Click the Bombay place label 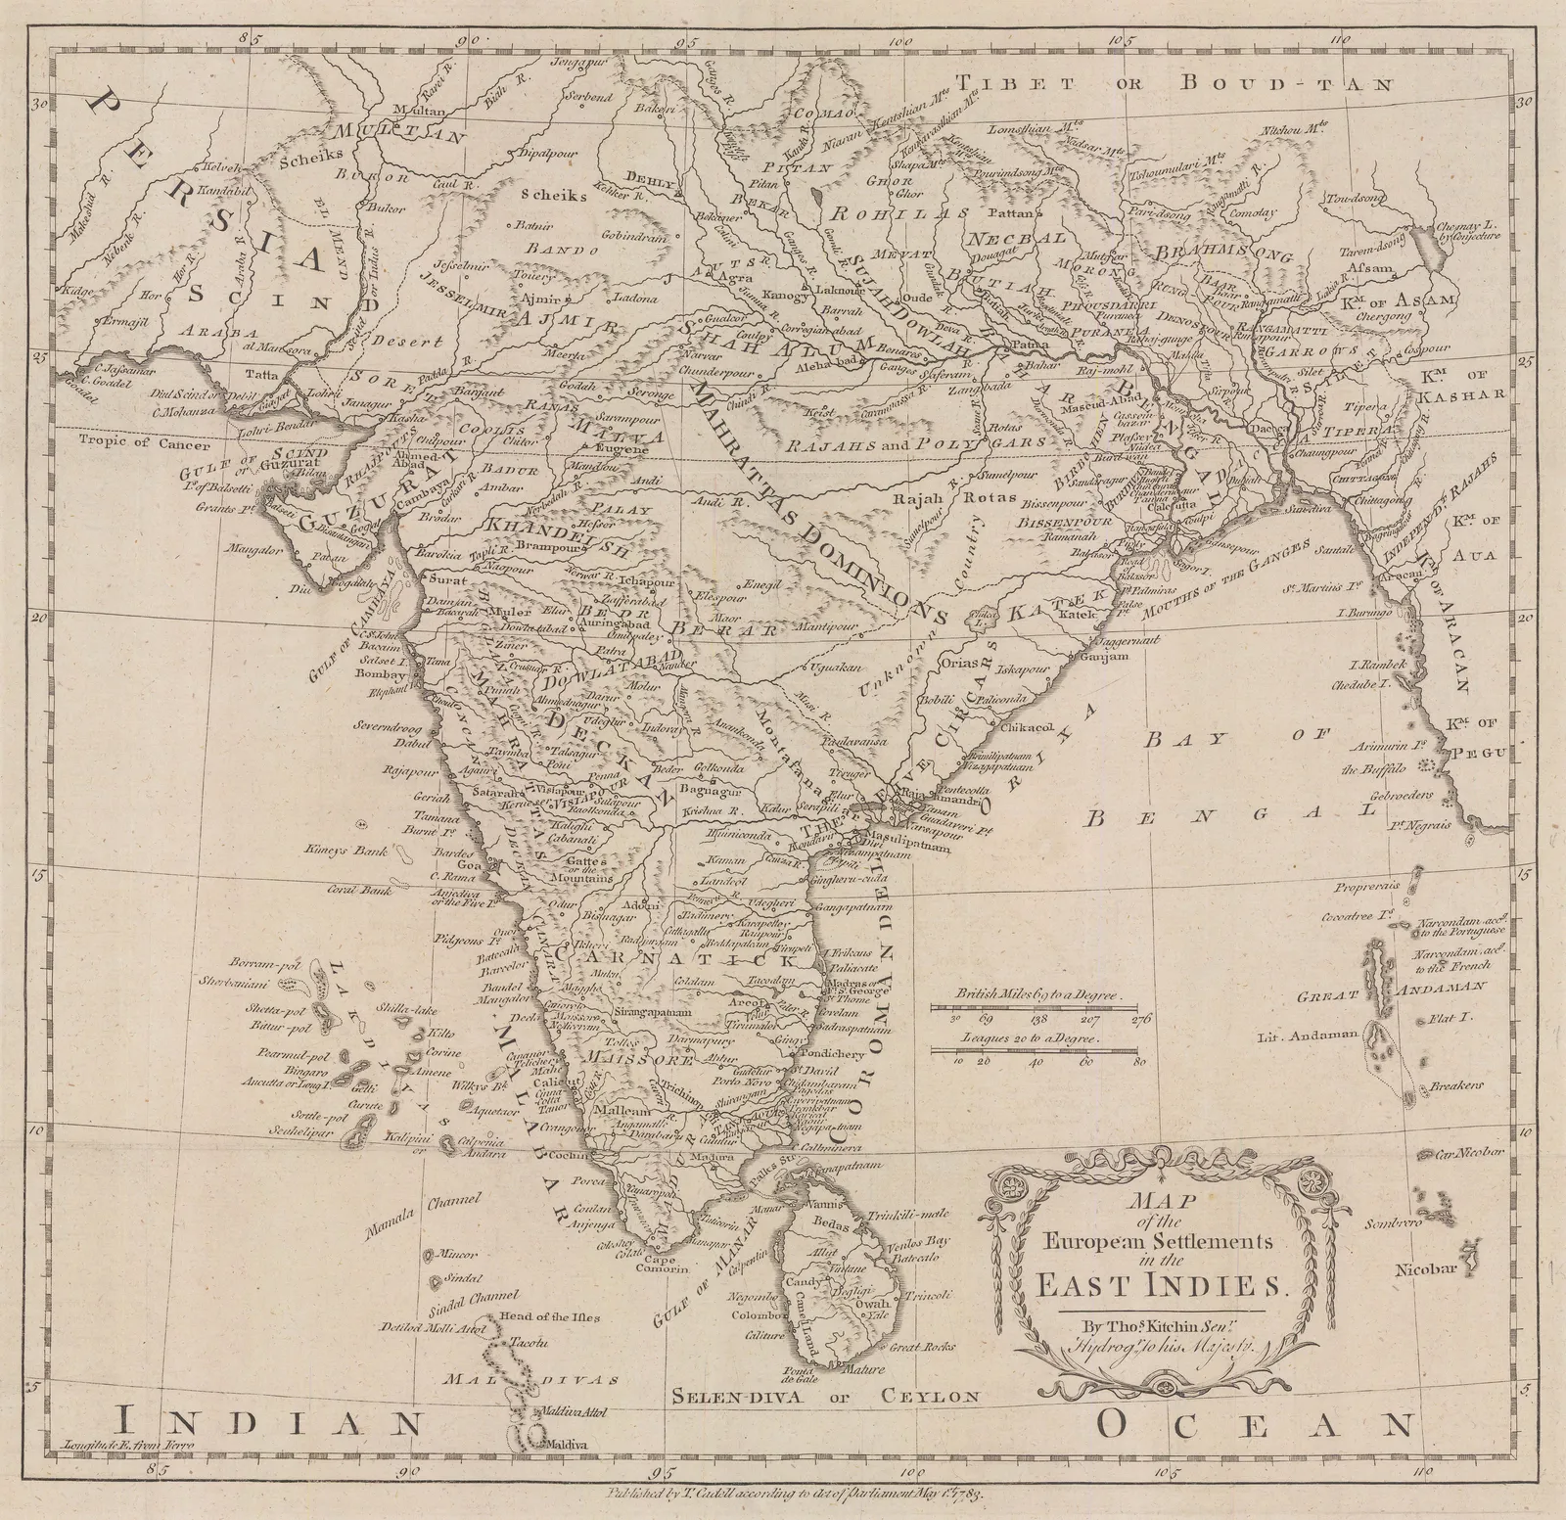tap(383, 675)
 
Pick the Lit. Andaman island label tap(1313, 1036)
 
